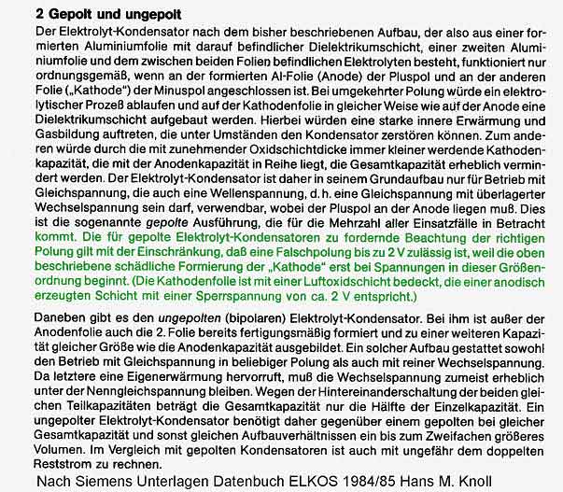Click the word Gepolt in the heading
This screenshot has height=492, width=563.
[68, 14]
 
